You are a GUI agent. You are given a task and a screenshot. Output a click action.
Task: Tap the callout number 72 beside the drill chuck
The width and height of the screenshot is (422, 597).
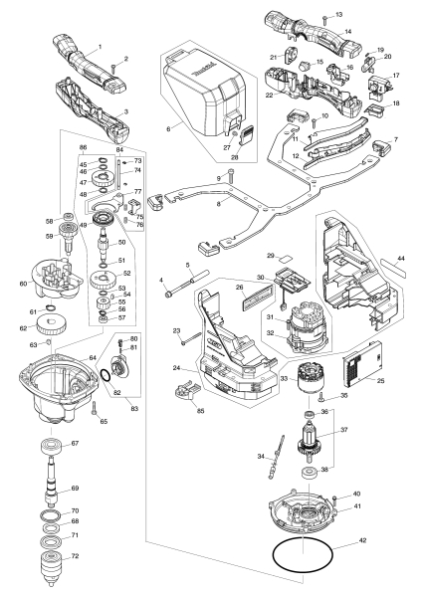[75, 556]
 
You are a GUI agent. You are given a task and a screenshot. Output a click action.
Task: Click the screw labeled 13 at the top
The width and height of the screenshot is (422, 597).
[323, 18]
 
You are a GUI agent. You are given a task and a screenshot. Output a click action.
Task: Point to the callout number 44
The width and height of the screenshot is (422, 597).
[400, 259]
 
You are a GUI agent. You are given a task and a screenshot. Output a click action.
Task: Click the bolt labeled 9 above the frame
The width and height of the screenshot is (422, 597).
[232, 176]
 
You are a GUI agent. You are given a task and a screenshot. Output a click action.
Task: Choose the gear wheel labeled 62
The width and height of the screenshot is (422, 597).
[52, 326]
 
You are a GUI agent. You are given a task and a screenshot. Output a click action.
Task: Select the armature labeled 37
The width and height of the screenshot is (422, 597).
[310, 441]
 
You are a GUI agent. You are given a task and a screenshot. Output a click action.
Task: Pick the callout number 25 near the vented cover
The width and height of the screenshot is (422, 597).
[380, 380]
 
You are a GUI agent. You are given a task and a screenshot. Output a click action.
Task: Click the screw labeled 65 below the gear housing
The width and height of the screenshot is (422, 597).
[95, 410]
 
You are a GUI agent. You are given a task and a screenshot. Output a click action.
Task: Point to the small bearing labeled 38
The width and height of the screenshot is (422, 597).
[310, 474]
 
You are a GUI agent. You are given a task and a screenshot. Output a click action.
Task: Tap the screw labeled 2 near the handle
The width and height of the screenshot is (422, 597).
[112, 69]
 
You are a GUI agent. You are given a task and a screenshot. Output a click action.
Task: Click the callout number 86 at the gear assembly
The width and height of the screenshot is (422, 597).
[83, 147]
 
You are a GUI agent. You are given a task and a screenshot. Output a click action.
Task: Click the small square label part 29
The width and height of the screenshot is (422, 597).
[284, 260]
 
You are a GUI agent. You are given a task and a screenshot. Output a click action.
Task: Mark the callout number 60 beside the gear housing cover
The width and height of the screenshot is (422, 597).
[24, 284]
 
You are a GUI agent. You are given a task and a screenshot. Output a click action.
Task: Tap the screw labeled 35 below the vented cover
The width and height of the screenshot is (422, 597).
[320, 398]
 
